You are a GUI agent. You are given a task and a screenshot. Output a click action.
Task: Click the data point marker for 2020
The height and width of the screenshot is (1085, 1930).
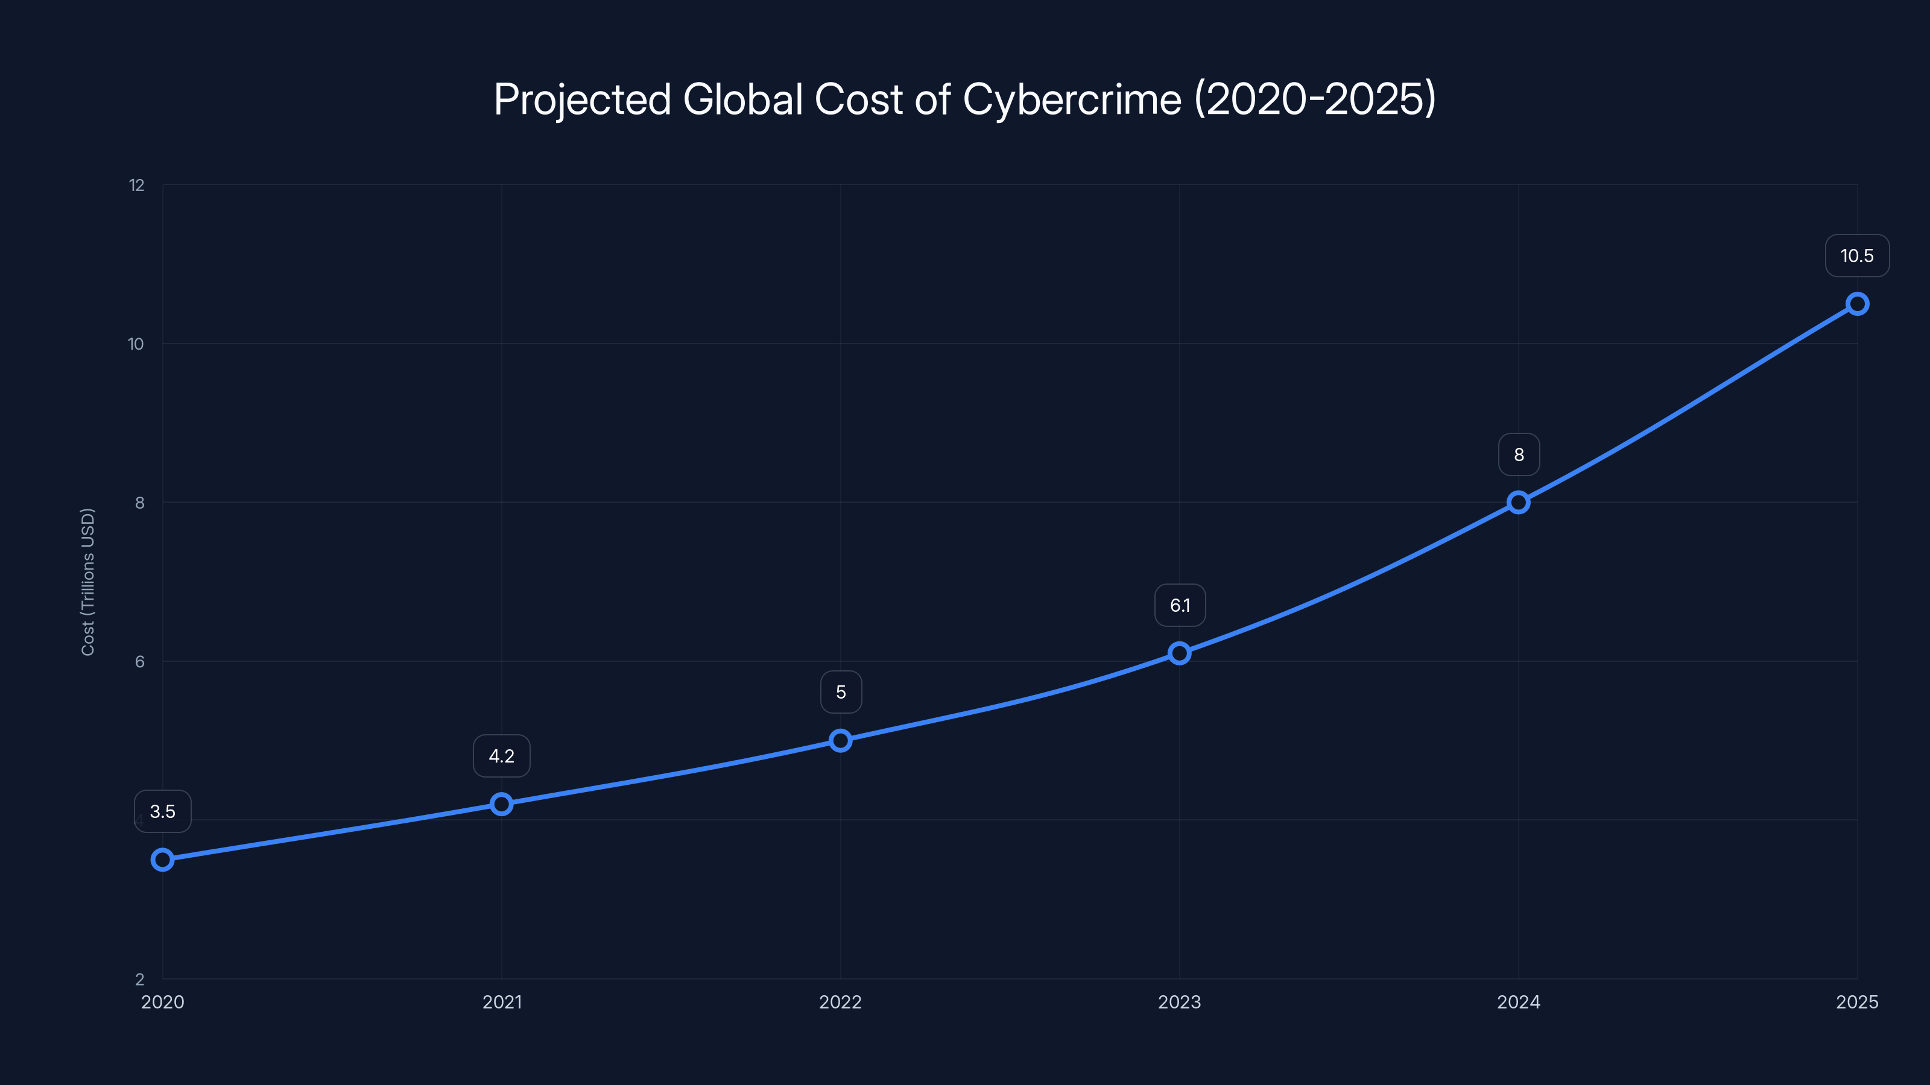pyautogui.click(x=163, y=860)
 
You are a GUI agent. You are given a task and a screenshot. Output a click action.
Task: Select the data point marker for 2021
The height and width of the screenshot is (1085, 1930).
pyautogui.click(x=501, y=804)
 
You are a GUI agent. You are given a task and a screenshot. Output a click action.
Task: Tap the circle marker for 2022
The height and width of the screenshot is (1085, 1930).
pyautogui.click(x=841, y=741)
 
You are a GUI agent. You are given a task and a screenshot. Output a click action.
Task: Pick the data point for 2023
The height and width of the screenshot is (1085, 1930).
pyautogui.click(x=1179, y=653)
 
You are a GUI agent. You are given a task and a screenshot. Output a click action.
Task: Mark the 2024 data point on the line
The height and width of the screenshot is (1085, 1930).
pyautogui.click(x=1519, y=503)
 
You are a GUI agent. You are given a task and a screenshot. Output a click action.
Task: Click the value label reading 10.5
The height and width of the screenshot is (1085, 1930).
pyautogui.click(x=1856, y=256)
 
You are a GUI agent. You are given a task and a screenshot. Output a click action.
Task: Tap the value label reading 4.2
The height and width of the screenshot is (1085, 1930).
pyautogui.click(x=501, y=756)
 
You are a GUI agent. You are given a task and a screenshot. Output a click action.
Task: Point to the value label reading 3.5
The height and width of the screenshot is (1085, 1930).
pyautogui.click(x=163, y=812)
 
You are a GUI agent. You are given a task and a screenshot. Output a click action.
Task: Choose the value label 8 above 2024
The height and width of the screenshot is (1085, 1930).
pyautogui.click(x=1519, y=454)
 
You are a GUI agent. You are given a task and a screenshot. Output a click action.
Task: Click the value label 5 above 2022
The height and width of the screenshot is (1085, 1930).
pyautogui.click(x=841, y=692)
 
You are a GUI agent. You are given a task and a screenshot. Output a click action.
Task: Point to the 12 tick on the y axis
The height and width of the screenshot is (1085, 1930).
pyautogui.click(x=136, y=185)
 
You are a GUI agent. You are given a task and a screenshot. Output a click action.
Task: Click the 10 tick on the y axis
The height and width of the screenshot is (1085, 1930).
pyautogui.click(x=136, y=344)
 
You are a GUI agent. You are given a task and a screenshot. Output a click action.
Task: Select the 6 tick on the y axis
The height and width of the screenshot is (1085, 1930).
pyautogui.click(x=139, y=661)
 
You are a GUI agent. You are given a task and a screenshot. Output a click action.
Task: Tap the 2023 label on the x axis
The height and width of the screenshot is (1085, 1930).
pyautogui.click(x=1179, y=1002)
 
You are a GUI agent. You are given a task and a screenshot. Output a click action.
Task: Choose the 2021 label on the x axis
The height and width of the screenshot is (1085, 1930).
pyautogui.click(x=501, y=1002)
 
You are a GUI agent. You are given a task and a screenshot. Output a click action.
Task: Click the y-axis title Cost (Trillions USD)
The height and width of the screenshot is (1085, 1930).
pyautogui.click(x=87, y=582)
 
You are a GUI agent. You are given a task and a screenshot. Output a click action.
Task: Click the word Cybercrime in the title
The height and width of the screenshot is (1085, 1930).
pyautogui.click(x=1071, y=99)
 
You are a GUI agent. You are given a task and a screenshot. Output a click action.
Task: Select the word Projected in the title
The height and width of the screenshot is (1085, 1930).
pyautogui.click(x=581, y=99)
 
